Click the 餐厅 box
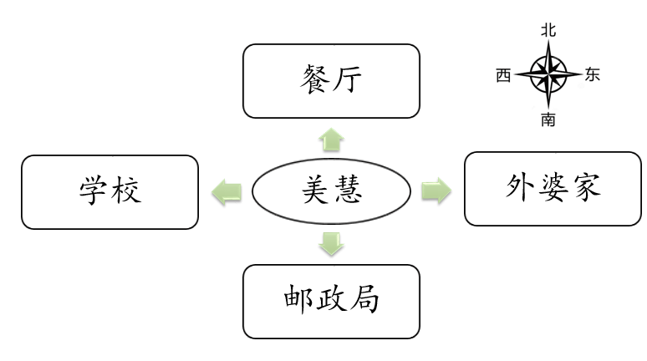tap(330, 81)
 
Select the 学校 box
tap(110, 191)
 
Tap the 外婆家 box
tap(553, 189)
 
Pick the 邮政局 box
tap(330, 301)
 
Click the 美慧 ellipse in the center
tap(332, 192)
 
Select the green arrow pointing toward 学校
tap(227, 192)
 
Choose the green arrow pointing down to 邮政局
tap(332, 244)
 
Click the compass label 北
tap(548, 30)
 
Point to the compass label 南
tap(548, 120)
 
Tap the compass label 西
tap(503, 75)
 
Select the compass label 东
tap(592, 75)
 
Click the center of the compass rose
tap(548, 74)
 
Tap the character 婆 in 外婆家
tap(553, 189)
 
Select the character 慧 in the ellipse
tap(350, 192)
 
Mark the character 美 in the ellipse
tap(313, 192)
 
